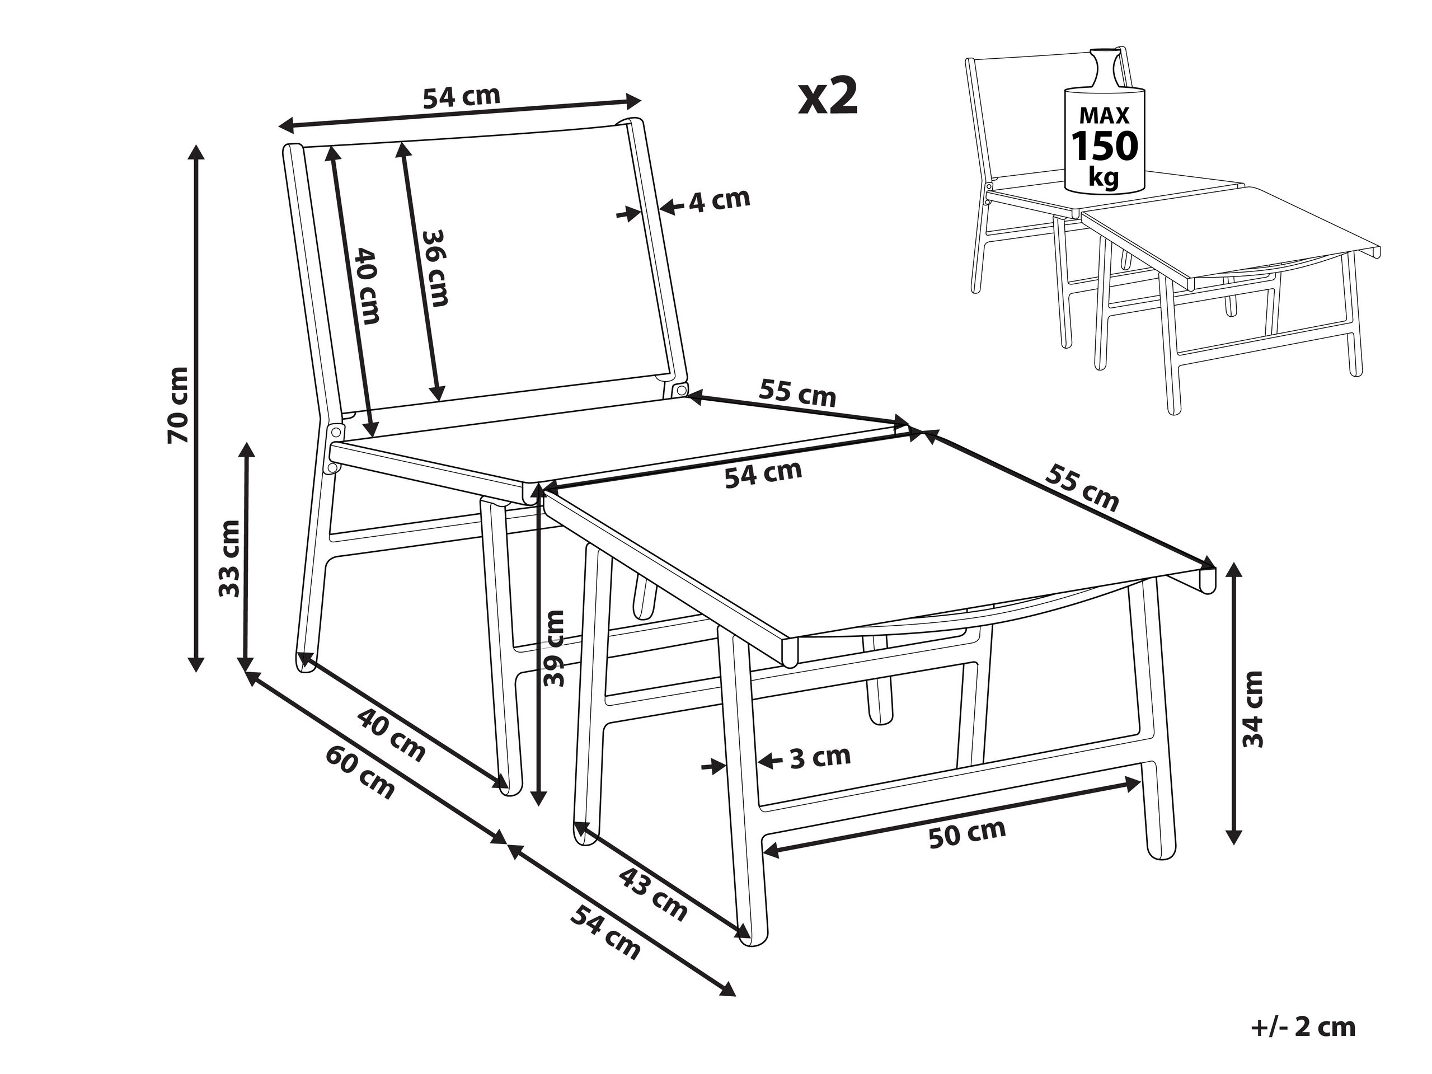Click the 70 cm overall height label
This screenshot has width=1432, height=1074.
click(177, 405)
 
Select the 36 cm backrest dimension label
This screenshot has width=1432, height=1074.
click(434, 268)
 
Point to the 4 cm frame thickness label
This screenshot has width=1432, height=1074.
click(719, 201)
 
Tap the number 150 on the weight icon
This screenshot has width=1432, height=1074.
click(1105, 146)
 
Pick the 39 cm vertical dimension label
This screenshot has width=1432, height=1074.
click(554, 648)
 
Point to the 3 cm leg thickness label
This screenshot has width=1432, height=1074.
click(820, 756)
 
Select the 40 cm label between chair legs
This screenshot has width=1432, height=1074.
click(392, 735)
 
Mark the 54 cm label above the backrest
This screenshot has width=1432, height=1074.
click(462, 96)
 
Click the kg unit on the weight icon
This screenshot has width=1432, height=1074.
click(1103, 177)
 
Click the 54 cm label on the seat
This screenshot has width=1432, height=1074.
click(763, 475)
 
